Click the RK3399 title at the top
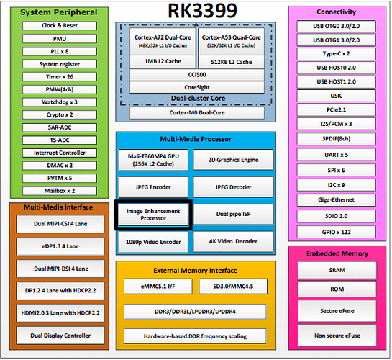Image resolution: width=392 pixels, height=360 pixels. (x=202, y=11)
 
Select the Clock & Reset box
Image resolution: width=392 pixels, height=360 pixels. (x=60, y=25)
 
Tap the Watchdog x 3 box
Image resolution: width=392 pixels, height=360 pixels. (x=60, y=102)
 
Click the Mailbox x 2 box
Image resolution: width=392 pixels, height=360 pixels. (x=60, y=191)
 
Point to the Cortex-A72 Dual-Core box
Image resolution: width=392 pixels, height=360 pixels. (x=163, y=41)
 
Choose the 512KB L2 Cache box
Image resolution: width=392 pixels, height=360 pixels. (x=232, y=62)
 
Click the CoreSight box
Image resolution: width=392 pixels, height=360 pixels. (x=197, y=87)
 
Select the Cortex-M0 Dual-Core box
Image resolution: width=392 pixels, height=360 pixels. (x=197, y=113)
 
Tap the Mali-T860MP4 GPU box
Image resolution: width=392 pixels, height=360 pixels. (x=153, y=160)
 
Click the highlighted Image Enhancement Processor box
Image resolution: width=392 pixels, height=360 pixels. (x=153, y=215)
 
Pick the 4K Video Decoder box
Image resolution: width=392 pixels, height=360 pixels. (x=233, y=241)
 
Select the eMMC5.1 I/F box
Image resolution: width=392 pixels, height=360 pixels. (x=158, y=287)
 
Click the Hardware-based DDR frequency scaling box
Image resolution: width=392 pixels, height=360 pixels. (x=195, y=336)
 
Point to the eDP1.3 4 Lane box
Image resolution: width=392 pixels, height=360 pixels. (x=60, y=246)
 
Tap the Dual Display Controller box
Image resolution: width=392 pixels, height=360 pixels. (x=60, y=336)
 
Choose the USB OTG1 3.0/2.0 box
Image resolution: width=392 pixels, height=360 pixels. (x=336, y=40)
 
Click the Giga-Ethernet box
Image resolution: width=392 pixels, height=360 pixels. (x=336, y=200)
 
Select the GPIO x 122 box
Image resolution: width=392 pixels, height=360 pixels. (x=336, y=232)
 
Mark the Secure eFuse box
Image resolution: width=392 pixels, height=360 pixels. (x=337, y=311)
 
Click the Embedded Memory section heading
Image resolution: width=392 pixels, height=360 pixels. (x=337, y=253)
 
